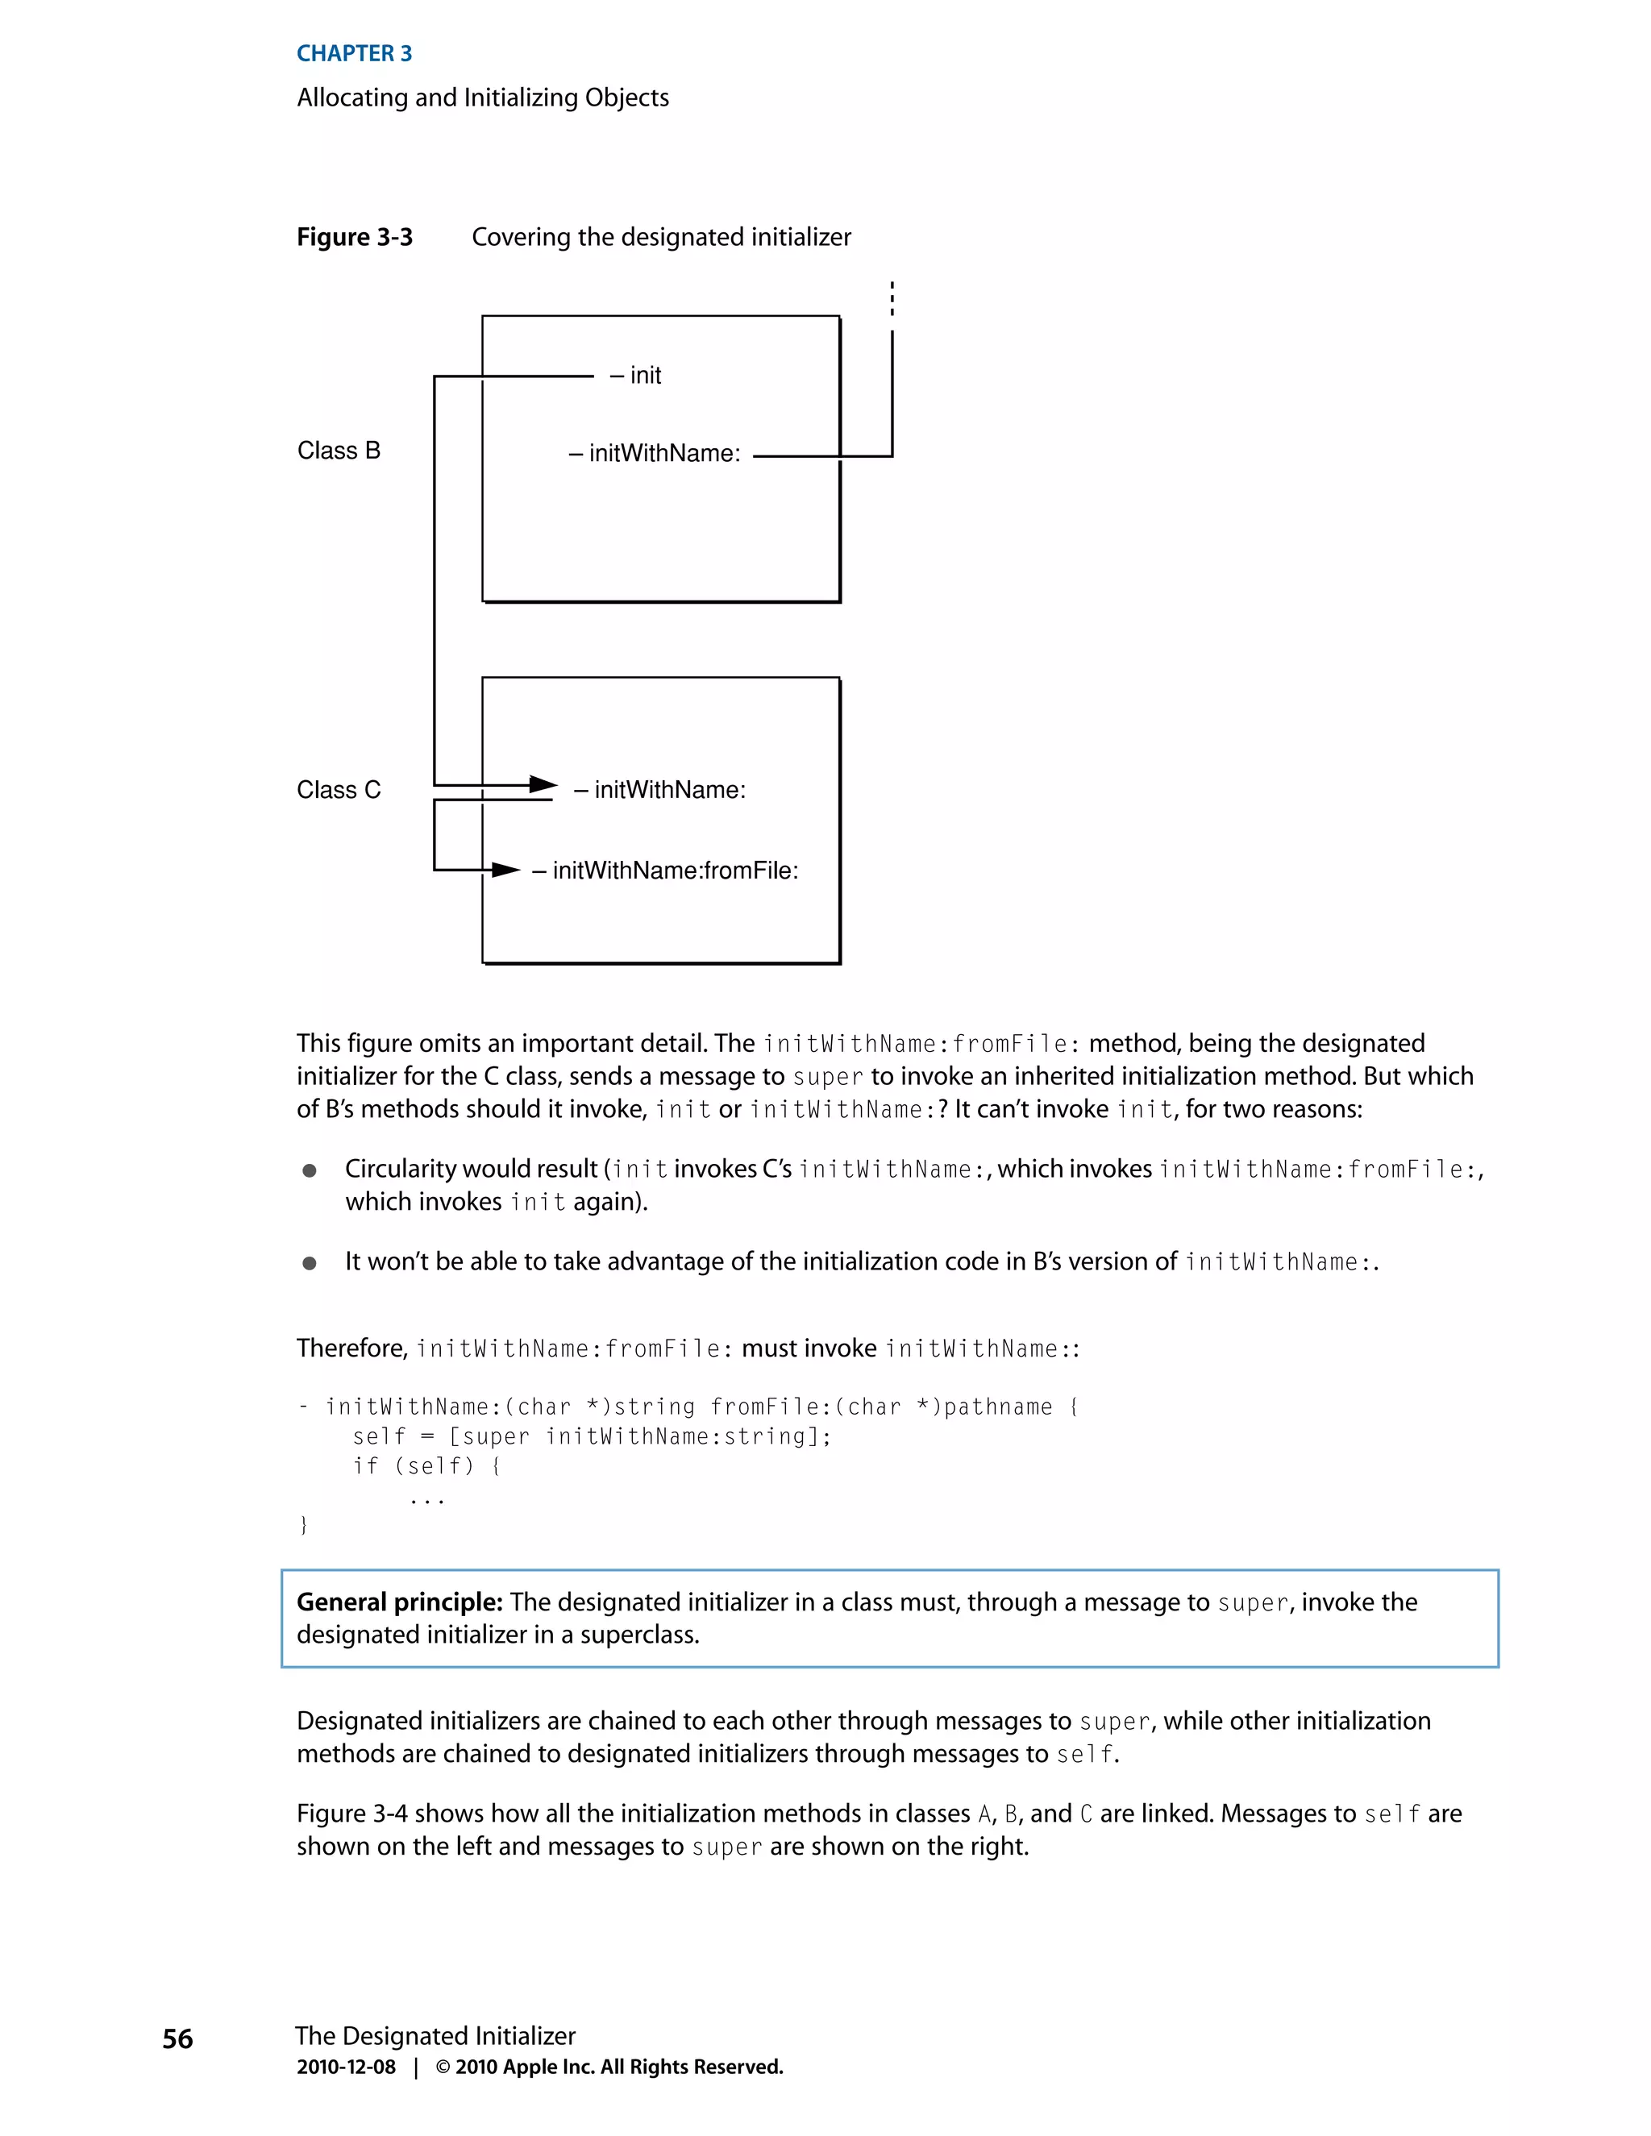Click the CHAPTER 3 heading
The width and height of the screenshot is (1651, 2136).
[x=354, y=54]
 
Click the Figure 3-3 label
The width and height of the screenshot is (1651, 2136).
[x=354, y=238]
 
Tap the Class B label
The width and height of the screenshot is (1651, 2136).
[x=339, y=451]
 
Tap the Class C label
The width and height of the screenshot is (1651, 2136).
[x=339, y=790]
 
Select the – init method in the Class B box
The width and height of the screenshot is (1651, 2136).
[x=636, y=376]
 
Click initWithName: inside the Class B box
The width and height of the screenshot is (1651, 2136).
[x=655, y=454]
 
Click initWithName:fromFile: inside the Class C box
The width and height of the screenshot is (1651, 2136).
[x=665, y=871]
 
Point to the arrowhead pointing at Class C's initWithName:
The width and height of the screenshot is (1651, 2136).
[x=543, y=784]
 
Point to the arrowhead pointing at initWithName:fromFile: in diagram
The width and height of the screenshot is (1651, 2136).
[x=505, y=870]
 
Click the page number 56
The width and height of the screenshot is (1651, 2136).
[x=177, y=2039]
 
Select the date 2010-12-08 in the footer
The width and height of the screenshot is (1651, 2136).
[x=346, y=2067]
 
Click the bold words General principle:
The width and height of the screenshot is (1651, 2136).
[x=399, y=1602]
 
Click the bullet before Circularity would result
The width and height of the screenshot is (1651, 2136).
[x=309, y=1170]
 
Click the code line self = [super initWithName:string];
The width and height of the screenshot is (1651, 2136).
[x=591, y=1436]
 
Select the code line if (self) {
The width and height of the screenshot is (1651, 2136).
[x=426, y=1466]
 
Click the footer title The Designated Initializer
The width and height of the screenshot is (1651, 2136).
[x=435, y=2036]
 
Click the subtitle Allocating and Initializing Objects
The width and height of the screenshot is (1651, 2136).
[x=482, y=98]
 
